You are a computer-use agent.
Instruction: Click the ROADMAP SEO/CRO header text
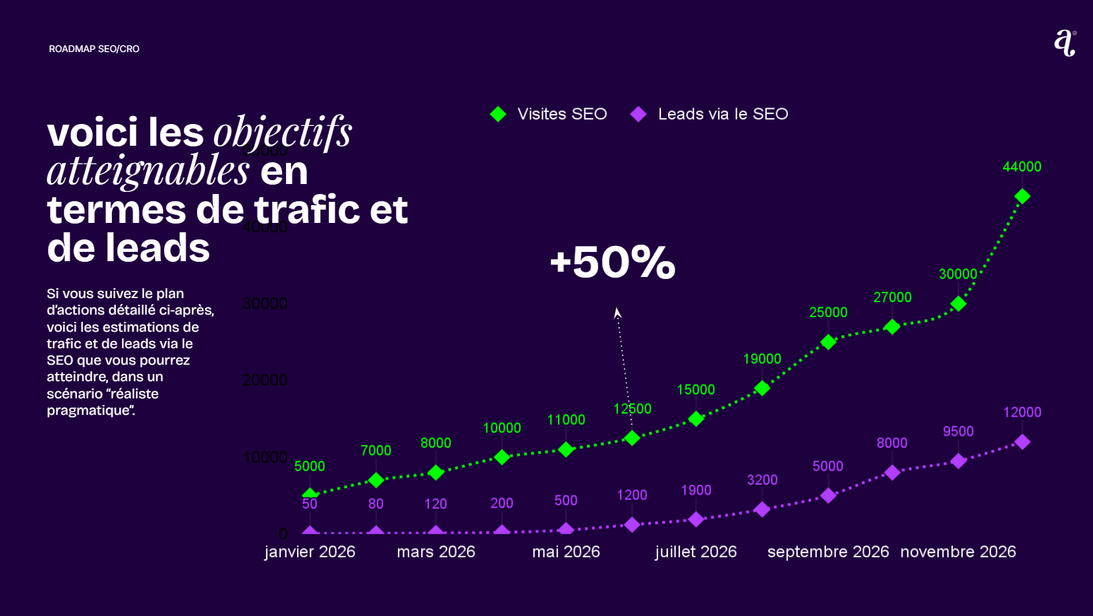click(x=94, y=49)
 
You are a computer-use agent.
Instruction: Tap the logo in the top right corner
click(x=1065, y=43)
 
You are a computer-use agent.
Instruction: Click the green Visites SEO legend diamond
click(x=498, y=114)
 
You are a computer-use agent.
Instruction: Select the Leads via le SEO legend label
click(x=723, y=114)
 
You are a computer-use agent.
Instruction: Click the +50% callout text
click(x=612, y=262)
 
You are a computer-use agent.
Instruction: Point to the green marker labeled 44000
click(x=1022, y=197)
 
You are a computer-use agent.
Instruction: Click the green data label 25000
click(x=828, y=313)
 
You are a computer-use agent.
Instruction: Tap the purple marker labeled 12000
click(x=1022, y=442)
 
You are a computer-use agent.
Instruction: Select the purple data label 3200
click(x=762, y=480)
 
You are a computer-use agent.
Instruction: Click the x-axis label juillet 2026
click(x=696, y=552)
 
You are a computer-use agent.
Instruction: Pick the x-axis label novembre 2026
click(x=958, y=552)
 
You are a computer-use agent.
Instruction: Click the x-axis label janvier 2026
click(x=310, y=552)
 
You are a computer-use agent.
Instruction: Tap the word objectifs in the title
click(x=283, y=133)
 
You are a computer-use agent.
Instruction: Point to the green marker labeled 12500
click(x=632, y=438)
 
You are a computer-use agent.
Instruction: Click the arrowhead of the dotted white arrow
click(x=617, y=313)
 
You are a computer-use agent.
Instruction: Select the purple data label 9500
click(x=958, y=431)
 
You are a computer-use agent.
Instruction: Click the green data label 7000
click(x=376, y=450)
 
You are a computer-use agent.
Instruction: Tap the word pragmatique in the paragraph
click(x=89, y=410)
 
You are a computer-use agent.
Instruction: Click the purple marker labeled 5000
click(x=828, y=495)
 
